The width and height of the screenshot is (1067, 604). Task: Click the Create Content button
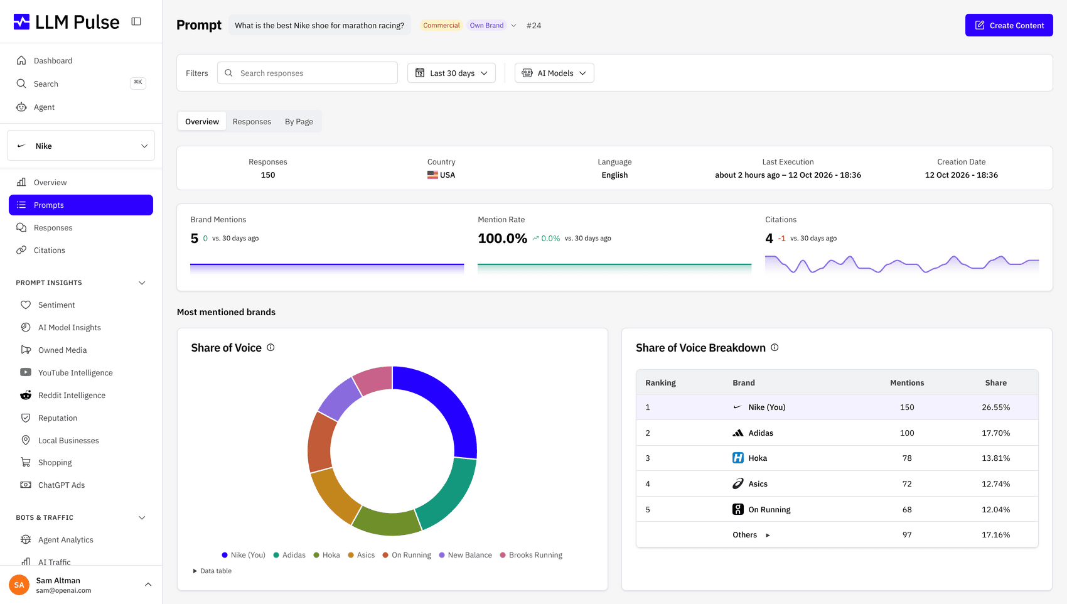click(1009, 25)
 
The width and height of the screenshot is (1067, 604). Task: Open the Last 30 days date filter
click(451, 73)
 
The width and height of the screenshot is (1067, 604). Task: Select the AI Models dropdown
click(554, 73)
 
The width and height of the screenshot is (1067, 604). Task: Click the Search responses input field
click(308, 73)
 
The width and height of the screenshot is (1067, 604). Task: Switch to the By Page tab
click(299, 121)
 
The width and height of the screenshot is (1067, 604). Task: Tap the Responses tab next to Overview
click(252, 121)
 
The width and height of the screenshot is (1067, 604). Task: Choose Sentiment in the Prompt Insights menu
click(56, 305)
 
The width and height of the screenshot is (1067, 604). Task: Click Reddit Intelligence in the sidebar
click(72, 396)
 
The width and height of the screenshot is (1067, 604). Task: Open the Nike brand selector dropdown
click(81, 146)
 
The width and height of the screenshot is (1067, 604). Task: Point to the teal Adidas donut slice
click(449, 495)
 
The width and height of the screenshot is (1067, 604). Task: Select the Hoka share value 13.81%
click(995, 458)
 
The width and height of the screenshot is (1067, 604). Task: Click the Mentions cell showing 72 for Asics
click(907, 484)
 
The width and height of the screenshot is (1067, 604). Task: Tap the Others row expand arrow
click(768, 536)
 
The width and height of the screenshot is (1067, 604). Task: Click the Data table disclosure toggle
click(212, 571)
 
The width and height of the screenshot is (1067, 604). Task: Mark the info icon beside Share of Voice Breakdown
click(775, 348)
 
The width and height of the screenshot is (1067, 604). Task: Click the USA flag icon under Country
click(432, 175)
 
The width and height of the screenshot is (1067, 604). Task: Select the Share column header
click(995, 382)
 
